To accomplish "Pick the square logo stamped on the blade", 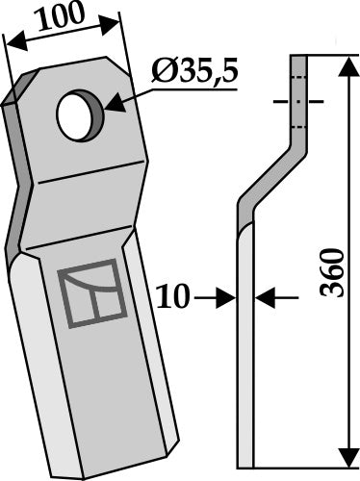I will click(x=93, y=295).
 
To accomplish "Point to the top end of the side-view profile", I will click(x=297, y=58).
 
